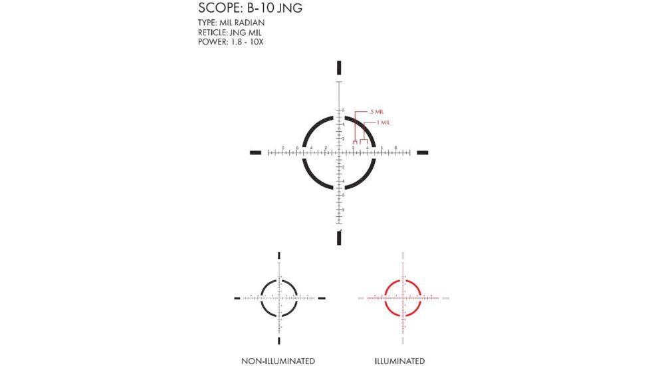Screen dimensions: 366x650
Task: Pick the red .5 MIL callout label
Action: [x=376, y=111]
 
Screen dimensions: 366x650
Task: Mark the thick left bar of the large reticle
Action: [x=257, y=153]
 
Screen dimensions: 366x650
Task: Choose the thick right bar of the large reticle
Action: [x=421, y=153]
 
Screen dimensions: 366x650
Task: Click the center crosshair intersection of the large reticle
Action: [x=339, y=153]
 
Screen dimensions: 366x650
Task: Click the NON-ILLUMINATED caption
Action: [x=278, y=361]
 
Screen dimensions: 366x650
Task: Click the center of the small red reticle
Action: [x=403, y=297]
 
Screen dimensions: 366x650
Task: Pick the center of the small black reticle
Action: [x=279, y=297]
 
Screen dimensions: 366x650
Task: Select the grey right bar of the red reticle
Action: [x=445, y=297]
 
